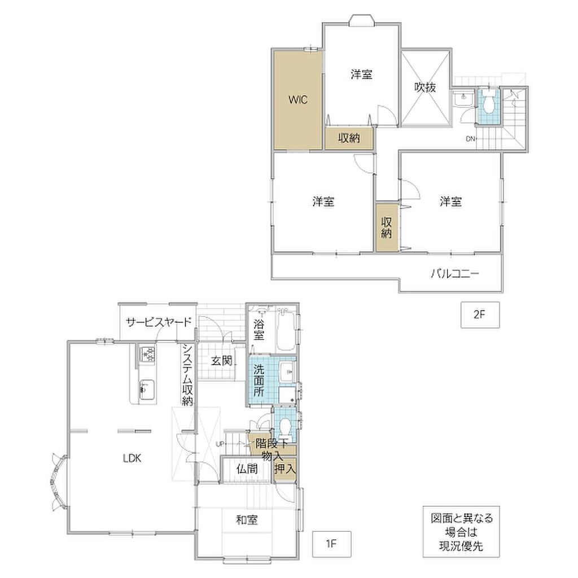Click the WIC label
[x=298, y=100]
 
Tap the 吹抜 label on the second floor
[x=425, y=87]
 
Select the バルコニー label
[x=456, y=274]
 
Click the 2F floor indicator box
[x=480, y=315]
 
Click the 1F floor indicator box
[x=331, y=544]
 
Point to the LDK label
[x=132, y=458]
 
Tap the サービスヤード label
[x=159, y=322]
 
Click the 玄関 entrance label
[x=222, y=361]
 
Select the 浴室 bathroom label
[x=259, y=330]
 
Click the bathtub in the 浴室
[x=286, y=329]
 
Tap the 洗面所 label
[x=259, y=381]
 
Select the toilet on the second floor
[x=488, y=103]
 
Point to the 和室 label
[x=247, y=520]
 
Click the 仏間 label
[x=247, y=469]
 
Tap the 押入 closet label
[x=285, y=469]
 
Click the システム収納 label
[x=187, y=375]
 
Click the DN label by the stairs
[x=470, y=139]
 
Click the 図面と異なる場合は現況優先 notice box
[x=461, y=532]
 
